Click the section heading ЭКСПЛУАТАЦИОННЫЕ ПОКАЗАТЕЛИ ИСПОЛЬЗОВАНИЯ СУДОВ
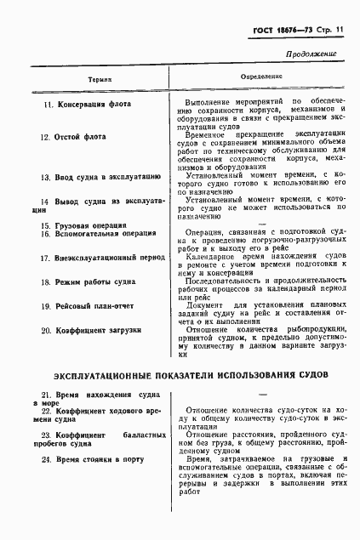180,375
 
